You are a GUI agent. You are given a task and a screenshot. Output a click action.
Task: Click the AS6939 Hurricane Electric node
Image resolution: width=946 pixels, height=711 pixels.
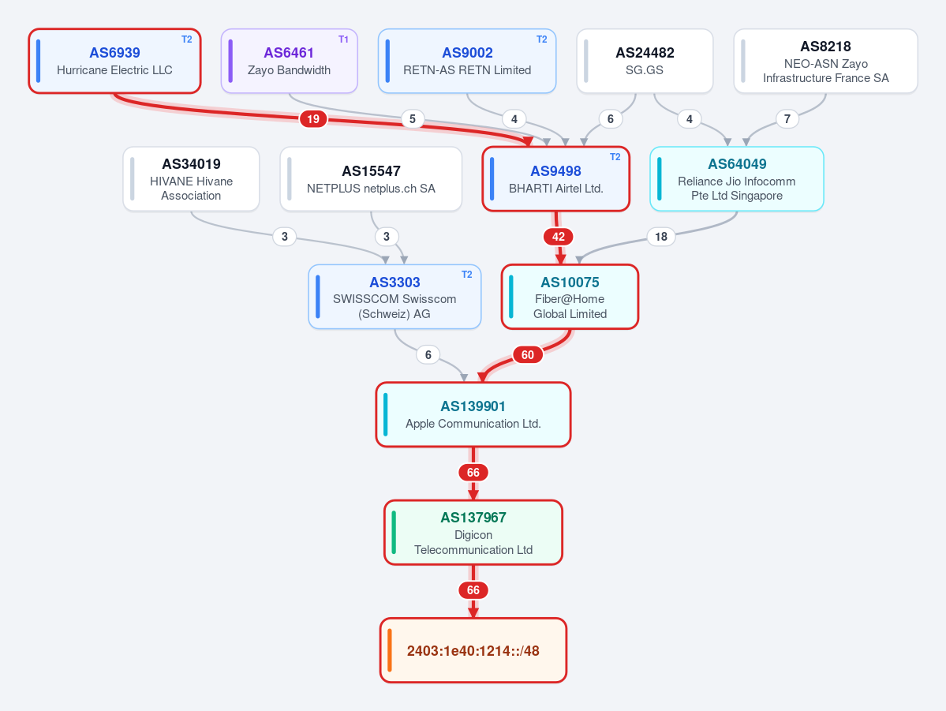pyautogui.click(x=114, y=61)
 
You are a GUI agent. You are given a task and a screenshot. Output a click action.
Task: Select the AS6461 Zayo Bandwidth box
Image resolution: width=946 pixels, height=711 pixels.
pyautogui.click(x=289, y=61)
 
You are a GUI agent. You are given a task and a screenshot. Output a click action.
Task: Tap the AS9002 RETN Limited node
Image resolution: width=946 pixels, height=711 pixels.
pyautogui.click(x=467, y=61)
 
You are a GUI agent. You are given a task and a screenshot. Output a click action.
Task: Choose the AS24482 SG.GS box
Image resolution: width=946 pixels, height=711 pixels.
pyautogui.click(x=645, y=61)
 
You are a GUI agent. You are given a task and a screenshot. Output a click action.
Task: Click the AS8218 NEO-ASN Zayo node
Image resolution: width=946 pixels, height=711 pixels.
pyautogui.click(x=825, y=61)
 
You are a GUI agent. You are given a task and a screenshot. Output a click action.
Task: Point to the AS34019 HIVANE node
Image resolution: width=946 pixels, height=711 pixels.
pyautogui.click(x=191, y=179)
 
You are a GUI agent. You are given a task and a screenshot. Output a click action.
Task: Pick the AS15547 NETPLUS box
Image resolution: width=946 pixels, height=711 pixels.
pyautogui.click(x=371, y=179)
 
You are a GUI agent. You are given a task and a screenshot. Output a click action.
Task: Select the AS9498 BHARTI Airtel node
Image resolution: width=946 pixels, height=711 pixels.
pyautogui.click(x=555, y=179)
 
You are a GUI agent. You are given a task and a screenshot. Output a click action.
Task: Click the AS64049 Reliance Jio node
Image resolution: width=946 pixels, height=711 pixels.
pyautogui.click(x=737, y=179)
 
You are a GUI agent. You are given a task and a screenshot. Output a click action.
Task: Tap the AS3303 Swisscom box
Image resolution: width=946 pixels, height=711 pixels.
pyautogui.click(x=394, y=297)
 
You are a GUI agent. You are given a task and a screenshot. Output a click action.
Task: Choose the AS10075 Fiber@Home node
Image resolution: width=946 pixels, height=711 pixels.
pyautogui.click(x=570, y=297)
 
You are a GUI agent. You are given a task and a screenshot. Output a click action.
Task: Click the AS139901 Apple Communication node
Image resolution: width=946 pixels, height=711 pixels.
pyautogui.click(x=473, y=414)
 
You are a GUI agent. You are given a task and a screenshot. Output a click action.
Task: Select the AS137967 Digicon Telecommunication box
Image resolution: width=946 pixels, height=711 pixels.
pyautogui.click(x=473, y=533)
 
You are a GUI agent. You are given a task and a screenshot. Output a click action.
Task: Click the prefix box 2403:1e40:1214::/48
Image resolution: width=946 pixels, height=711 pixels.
pyautogui.click(x=473, y=650)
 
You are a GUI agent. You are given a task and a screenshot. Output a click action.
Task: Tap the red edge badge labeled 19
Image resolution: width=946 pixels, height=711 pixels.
pyautogui.click(x=313, y=119)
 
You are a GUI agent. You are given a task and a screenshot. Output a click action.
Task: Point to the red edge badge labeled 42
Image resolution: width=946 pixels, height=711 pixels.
pyautogui.click(x=559, y=237)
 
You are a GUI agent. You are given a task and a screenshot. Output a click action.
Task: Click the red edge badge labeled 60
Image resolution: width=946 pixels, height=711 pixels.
pyautogui.click(x=528, y=355)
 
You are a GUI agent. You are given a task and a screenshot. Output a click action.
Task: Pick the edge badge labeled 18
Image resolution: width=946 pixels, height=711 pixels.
pyautogui.click(x=661, y=237)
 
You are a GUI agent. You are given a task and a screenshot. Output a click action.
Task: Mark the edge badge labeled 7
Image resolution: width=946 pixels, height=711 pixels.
pyautogui.click(x=787, y=119)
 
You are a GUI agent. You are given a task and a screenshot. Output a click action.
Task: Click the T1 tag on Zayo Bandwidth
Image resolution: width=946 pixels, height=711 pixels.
pyautogui.click(x=343, y=39)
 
